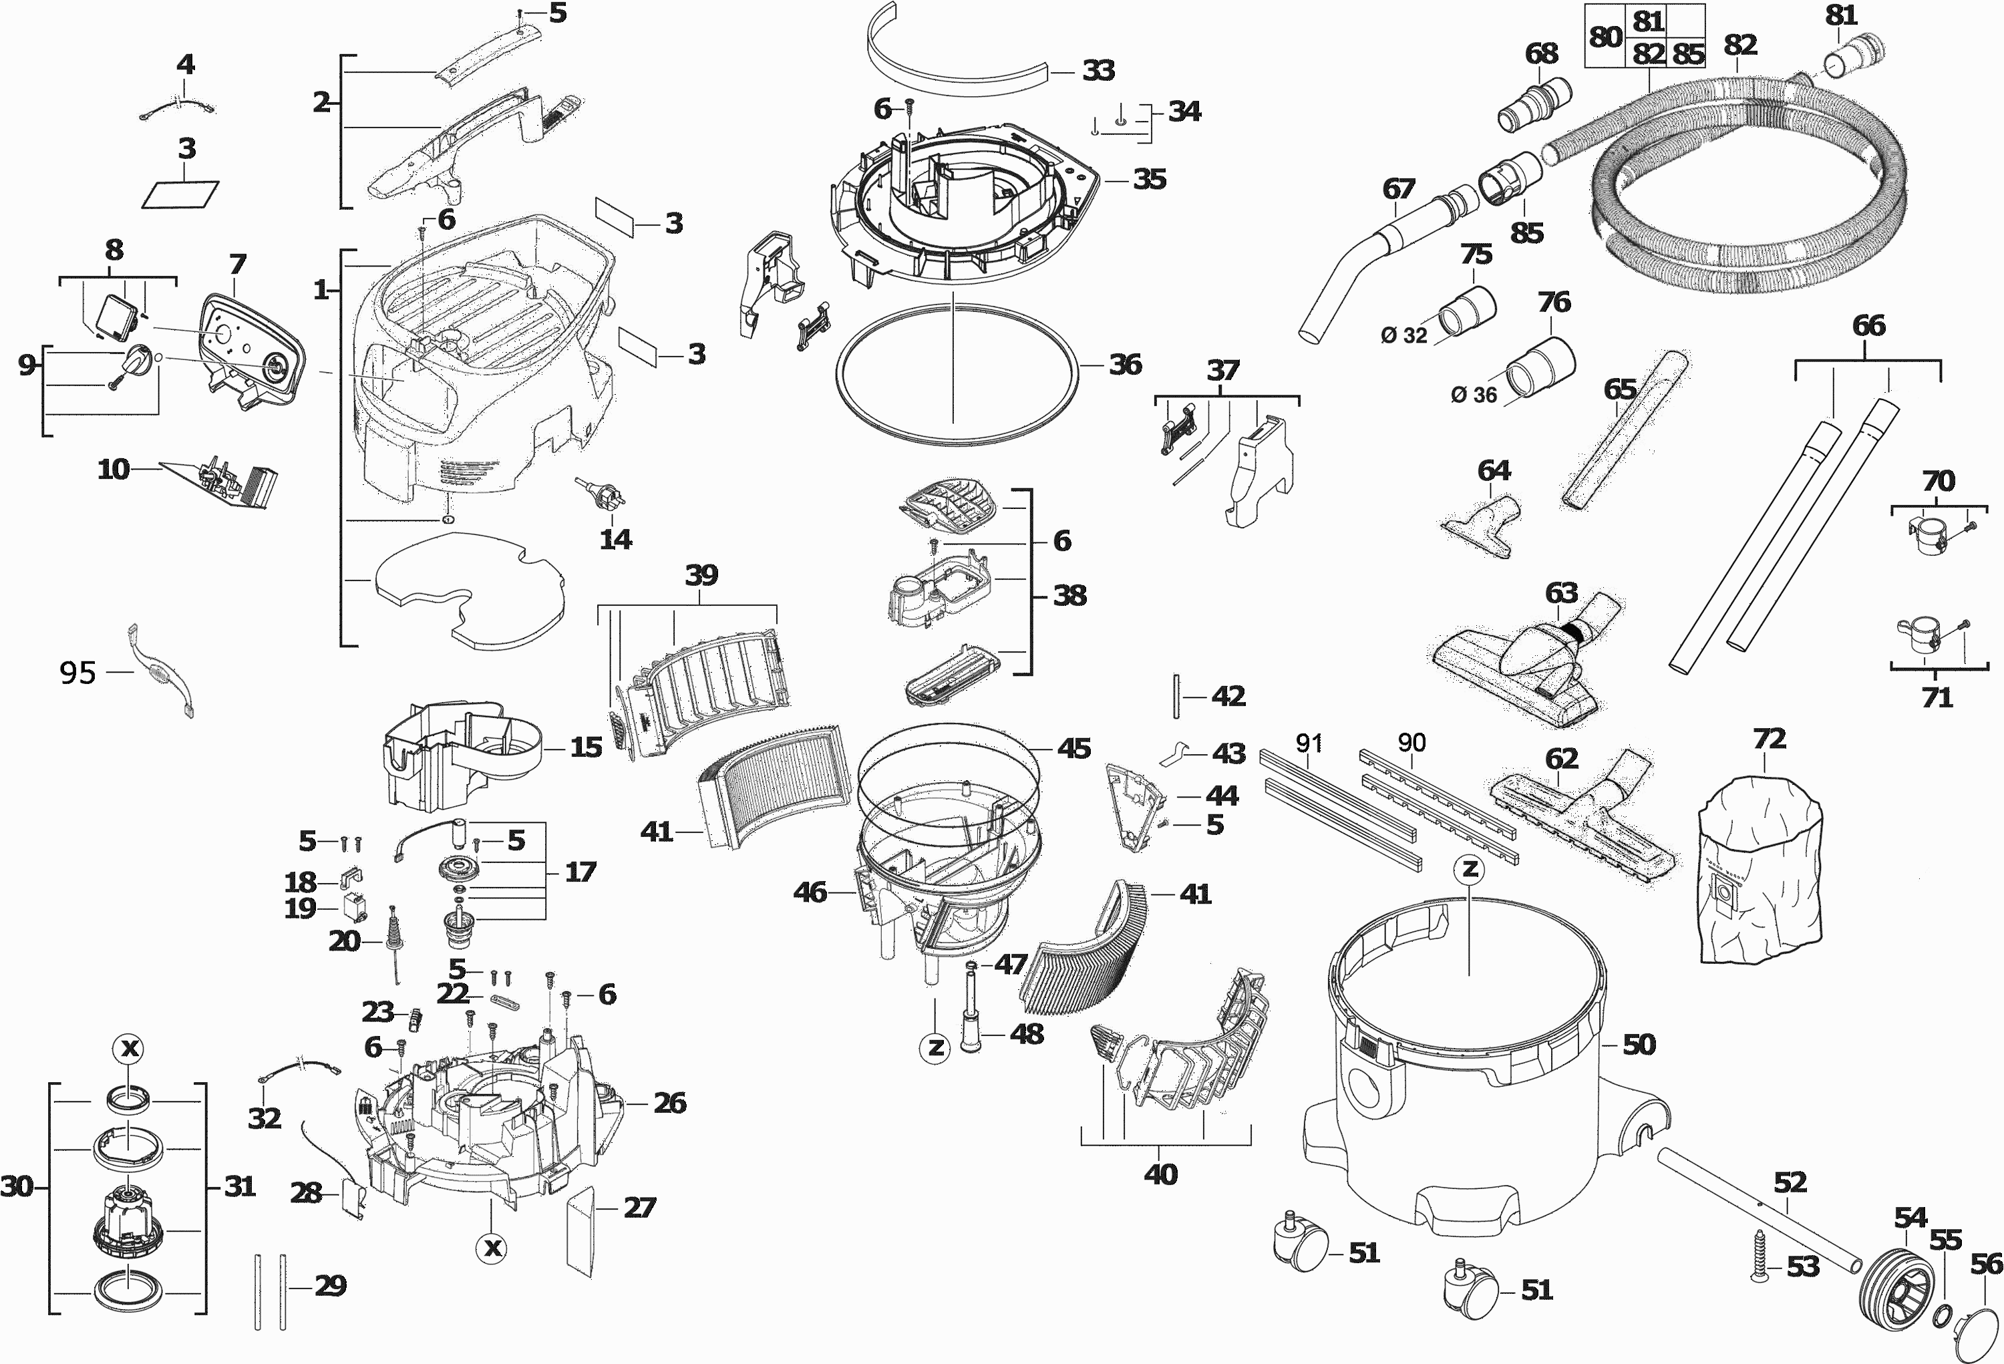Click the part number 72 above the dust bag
point(1769,739)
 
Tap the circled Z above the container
point(1468,869)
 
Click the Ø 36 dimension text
point(1474,395)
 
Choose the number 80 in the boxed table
point(1605,37)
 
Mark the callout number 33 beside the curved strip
point(1098,70)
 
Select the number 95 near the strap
point(77,673)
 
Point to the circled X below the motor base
point(492,1248)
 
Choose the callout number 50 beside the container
point(1639,1045)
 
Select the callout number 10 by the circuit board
point(113,469)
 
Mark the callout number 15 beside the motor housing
point(587,747)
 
